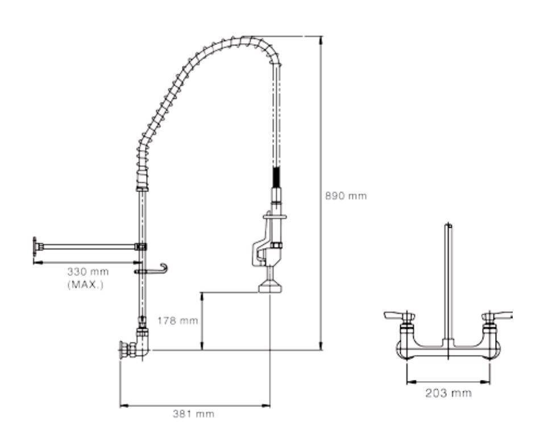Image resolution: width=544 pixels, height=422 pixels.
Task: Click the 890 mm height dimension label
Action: click(x=346, y=196)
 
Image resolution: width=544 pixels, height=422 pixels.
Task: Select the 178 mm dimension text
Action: click(x=177, y=320)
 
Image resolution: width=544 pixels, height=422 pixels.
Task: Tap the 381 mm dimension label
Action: click(x=194, y=413)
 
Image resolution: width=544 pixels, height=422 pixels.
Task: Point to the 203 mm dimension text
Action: click(x=449, y=393)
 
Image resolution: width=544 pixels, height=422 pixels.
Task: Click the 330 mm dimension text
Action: click(x=88, y=271)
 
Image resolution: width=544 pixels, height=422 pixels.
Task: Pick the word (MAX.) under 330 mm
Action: click(x=85, y=285)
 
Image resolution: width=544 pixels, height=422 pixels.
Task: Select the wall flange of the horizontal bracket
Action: click(x=35, y=247)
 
